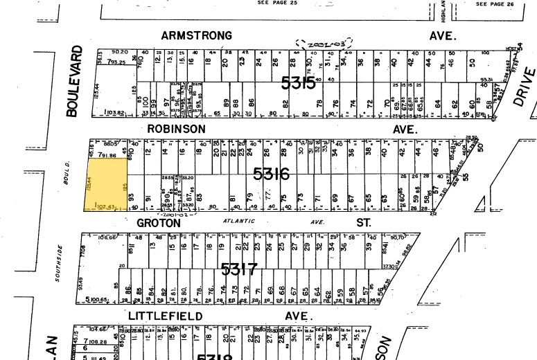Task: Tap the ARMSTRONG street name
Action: tap(196, 35)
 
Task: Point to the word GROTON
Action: tap(159, 223)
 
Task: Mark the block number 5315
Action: tap(299, 83)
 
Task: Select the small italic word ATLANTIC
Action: tap(239, 222)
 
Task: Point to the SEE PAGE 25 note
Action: tap(277, 3)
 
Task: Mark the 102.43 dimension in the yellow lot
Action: tap(102, 206)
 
